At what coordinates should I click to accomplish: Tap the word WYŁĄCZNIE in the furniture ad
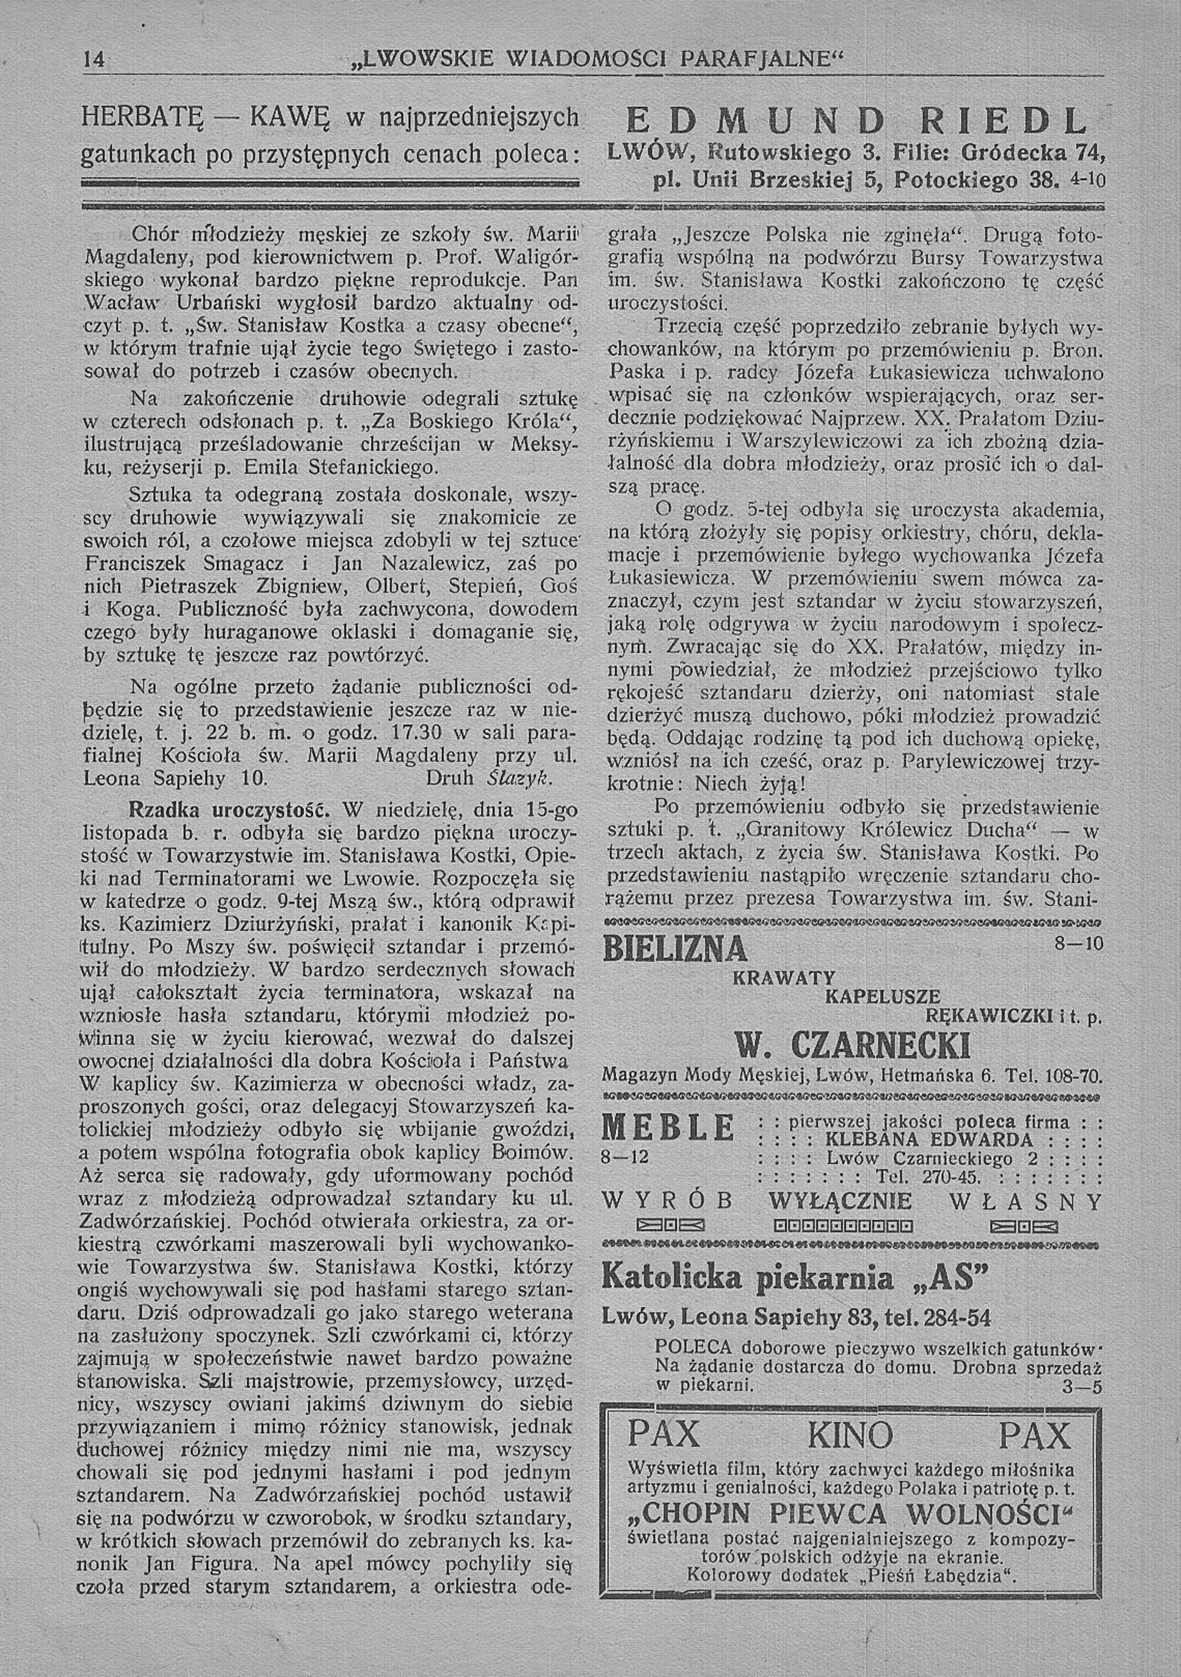click(840, 1202)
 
